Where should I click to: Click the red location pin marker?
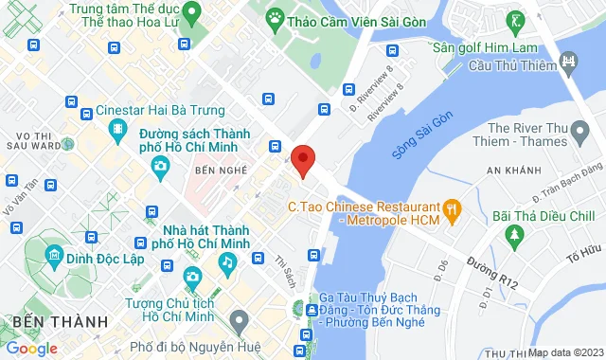302,160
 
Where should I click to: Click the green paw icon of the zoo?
276,16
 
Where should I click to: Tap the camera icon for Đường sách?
160,167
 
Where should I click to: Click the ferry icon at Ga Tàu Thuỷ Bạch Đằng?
312,309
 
